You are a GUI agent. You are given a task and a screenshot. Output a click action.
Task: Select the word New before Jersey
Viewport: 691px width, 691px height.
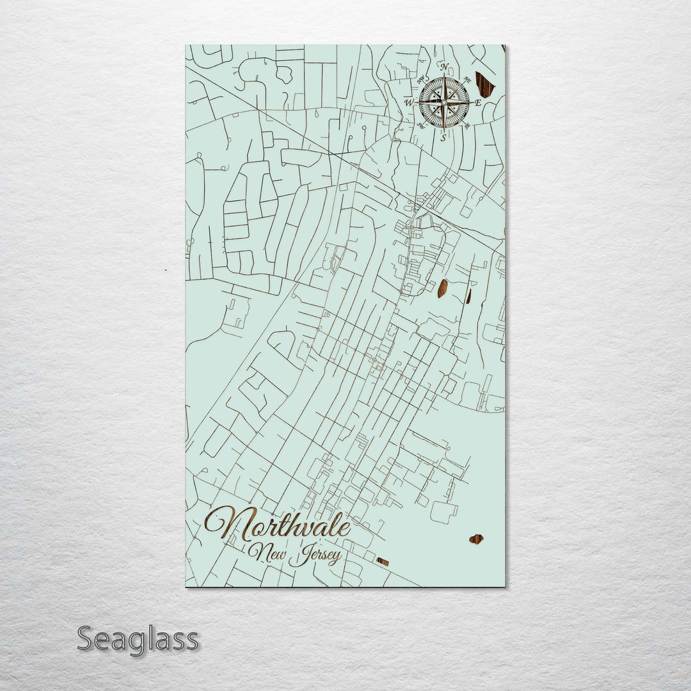coord(267,551)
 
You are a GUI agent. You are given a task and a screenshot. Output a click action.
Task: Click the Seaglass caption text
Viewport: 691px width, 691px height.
coord(138,639)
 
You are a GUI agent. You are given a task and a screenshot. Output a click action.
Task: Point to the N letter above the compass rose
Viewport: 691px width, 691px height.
coord(443,67)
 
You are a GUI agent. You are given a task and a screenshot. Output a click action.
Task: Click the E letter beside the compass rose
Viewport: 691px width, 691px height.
coord(478,102)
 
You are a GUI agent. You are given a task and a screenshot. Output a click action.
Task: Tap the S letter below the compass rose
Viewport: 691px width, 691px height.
coord(443,138)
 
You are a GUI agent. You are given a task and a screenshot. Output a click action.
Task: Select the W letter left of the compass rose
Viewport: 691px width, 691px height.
coord(408,102)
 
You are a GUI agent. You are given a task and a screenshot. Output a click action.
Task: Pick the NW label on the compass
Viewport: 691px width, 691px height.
coord(422,80)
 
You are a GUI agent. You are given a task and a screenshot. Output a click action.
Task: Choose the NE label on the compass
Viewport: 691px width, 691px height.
coord(466,80)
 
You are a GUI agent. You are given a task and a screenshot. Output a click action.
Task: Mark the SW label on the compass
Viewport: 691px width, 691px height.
coord(422,125)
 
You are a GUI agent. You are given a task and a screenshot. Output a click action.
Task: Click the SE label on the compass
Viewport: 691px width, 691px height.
coord(466,125)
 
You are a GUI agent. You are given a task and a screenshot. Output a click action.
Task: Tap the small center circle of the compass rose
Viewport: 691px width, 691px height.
coord(443,102)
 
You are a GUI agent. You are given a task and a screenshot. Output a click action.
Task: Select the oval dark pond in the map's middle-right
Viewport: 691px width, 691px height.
coord(442,289)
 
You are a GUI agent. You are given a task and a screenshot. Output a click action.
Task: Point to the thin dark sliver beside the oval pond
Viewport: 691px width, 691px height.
coord(468,296)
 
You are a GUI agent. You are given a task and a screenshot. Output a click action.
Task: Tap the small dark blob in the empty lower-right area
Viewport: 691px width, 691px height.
coord(476,539)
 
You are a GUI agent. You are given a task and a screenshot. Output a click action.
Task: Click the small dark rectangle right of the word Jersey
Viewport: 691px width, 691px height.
coord(383,562)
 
